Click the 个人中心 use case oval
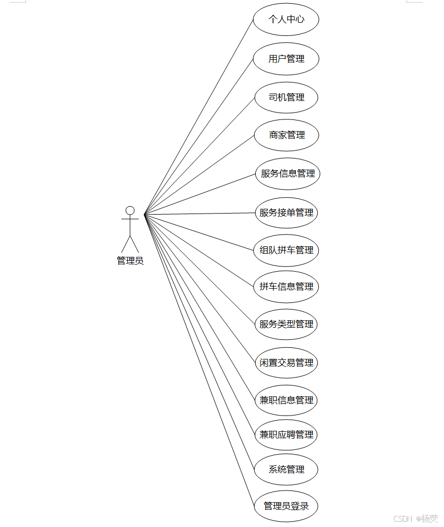[286, 20]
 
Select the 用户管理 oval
[286, 59]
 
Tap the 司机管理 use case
[286, 97]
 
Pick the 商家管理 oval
[286, 135]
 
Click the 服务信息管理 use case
[288, 173]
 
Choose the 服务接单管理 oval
[286, 212]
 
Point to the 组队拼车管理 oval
[286, 250]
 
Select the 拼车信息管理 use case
[286, 286]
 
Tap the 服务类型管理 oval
[286, 324]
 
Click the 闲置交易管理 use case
[286, 363]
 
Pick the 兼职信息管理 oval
[286, 400]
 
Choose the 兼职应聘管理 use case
[286, 434]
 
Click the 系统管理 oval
[286, 469]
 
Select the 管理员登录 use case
[286, 506]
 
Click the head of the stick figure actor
[130, 210]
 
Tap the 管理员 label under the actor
[130, 260]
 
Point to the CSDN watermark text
[403, 519]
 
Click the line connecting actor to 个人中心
[199, 117]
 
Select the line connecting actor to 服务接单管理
[200, 214]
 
